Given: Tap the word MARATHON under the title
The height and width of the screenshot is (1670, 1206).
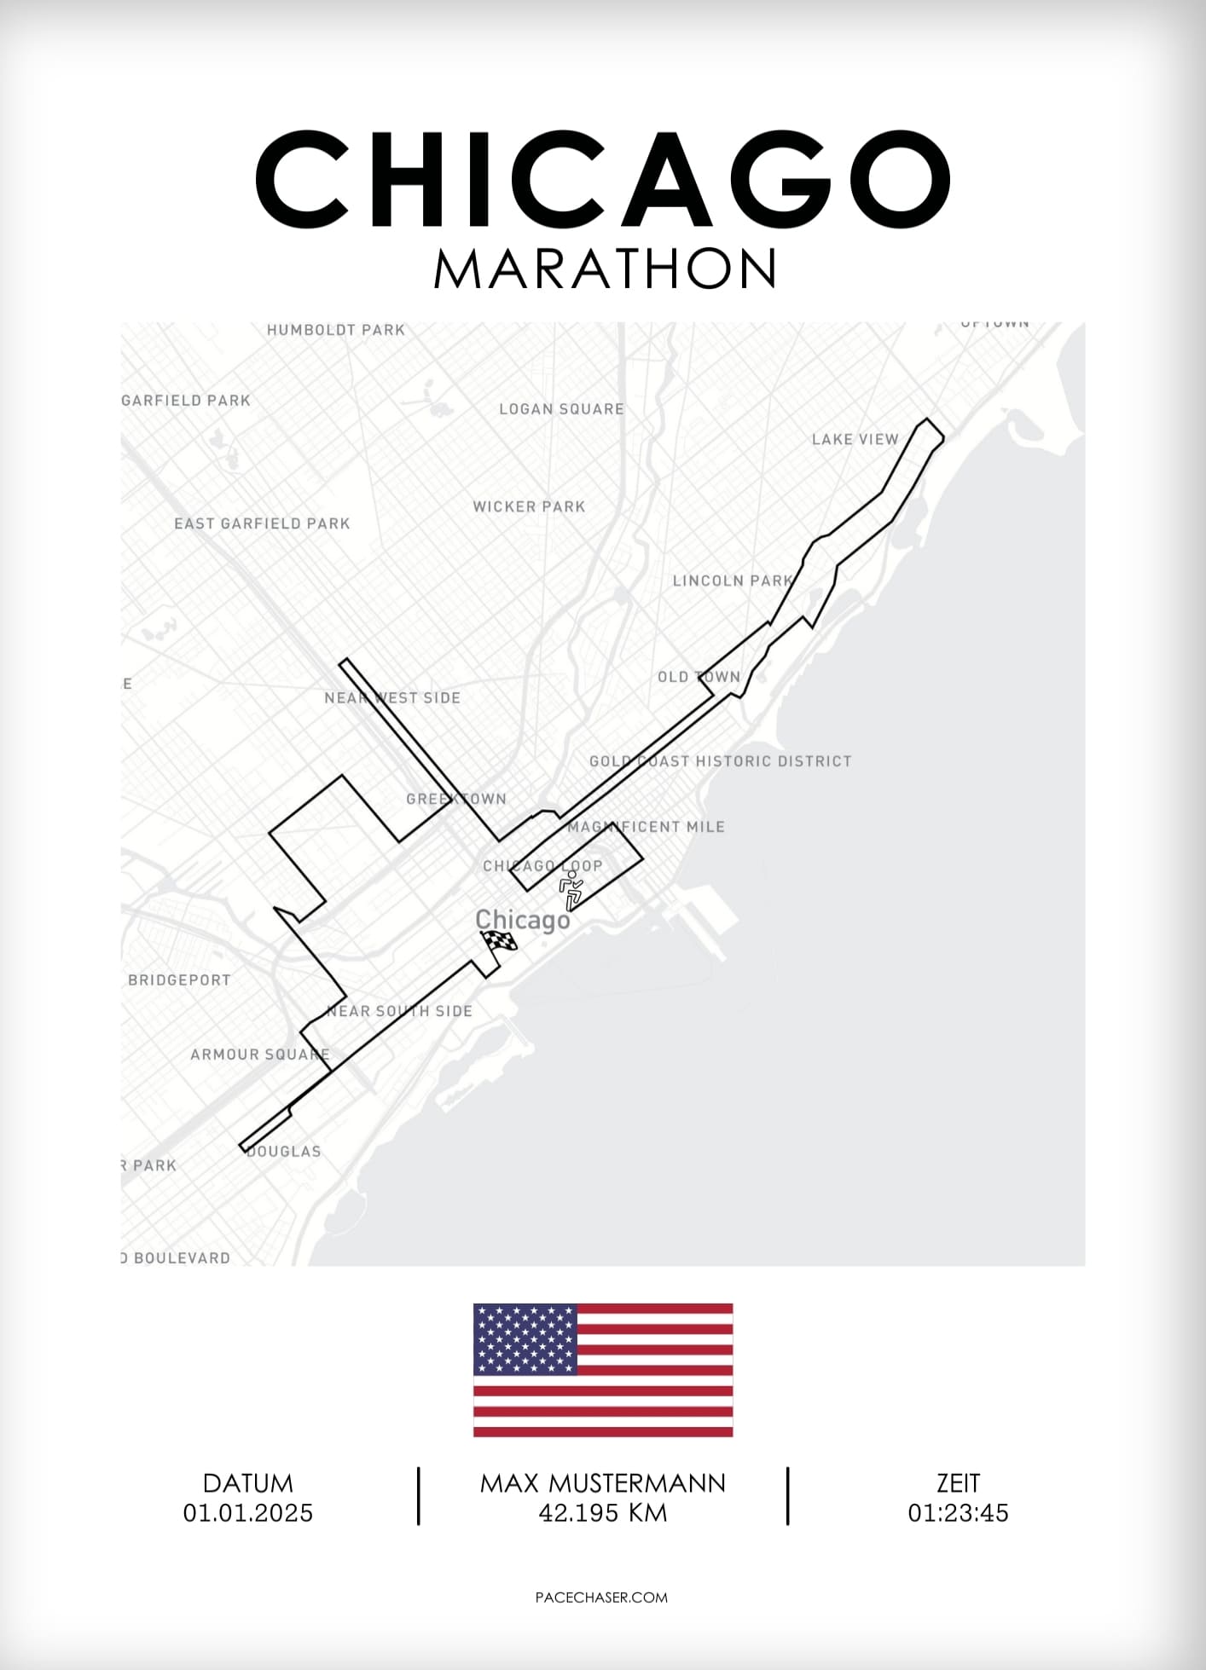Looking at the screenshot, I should tap(605, 269).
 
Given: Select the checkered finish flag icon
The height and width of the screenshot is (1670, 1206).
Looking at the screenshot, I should tap(500, 942).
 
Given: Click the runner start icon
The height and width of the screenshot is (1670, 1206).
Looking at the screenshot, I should tap(571, 890).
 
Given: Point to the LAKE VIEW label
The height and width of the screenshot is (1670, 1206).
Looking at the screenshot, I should tap(855, 439).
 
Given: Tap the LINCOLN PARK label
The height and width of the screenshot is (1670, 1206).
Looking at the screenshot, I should tap(733, 581).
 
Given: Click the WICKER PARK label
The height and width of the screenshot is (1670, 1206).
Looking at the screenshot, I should tap(529, 506).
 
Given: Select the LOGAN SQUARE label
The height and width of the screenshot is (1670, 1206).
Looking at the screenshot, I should tap(561, 409).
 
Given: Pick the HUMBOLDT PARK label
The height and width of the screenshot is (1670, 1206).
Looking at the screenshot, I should tap(335, 330).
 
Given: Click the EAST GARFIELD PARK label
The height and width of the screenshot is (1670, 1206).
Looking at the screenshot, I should tap(262, 523).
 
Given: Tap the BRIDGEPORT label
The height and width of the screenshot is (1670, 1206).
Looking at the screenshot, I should tap(179, 980).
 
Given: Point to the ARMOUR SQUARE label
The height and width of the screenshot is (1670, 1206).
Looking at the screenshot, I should tap(259, 1055).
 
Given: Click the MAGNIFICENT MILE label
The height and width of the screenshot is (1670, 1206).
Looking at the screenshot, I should tap(646, 827).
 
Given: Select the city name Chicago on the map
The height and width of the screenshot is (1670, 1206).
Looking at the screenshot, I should tap(522, 920).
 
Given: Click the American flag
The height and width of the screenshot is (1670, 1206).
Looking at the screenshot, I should tap(603, 1370).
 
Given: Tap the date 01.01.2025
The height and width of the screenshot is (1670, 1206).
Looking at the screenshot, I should tap(247, 1512).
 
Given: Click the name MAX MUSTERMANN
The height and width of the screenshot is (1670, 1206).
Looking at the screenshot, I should tap(602, 1483).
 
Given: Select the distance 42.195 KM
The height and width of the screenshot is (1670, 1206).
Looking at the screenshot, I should tap(602, 1512).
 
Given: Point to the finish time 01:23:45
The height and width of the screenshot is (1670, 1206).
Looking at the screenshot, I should tap(958, 1512).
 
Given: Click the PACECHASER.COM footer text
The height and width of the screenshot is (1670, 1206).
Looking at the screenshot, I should tap(601, 1598).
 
